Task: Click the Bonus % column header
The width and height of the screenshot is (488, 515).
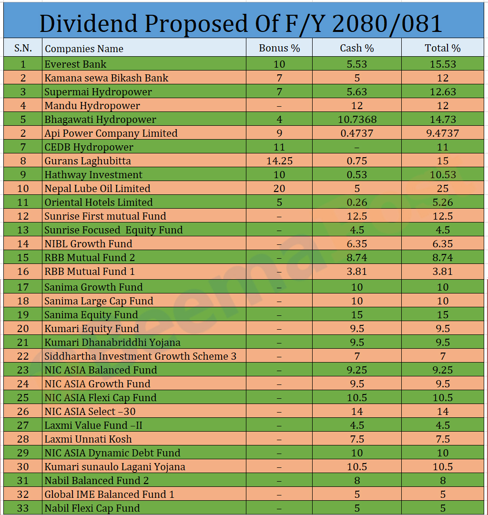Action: click(279, 48)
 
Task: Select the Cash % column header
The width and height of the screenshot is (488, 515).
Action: click(356, 48)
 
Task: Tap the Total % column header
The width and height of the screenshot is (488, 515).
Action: click(443, 48)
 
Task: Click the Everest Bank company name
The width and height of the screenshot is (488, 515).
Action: click(75, 64)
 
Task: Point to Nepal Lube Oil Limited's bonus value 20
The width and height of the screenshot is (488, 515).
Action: click(279, 188)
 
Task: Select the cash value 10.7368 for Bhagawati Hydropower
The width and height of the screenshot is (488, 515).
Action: click(356, 119)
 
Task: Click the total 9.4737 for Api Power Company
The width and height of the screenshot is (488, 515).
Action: click(443, 133)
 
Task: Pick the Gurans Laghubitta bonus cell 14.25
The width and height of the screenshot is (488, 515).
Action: click(279, 161)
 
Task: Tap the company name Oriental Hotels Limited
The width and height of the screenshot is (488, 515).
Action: click(98, 202)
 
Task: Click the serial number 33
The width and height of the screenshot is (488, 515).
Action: click(23, 508)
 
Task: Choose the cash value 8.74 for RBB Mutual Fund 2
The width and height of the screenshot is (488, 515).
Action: click(356, 257)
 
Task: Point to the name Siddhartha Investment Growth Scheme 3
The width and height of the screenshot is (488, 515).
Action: click(140, 356)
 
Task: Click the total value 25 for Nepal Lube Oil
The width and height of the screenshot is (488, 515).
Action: click(443, 188)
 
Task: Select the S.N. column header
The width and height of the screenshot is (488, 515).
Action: click(23, 48)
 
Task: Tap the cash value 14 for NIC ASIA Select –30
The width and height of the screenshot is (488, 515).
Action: click(356, 411)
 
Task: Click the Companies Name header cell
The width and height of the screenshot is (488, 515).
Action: click(84, 49)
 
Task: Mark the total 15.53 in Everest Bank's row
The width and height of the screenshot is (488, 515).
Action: click(443, 64)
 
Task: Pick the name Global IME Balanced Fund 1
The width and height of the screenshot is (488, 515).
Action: click(109, 494)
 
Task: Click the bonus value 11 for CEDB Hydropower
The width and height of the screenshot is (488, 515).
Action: click(279, 147)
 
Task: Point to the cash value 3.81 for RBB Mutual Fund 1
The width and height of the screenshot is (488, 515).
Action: click(356, 271)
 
